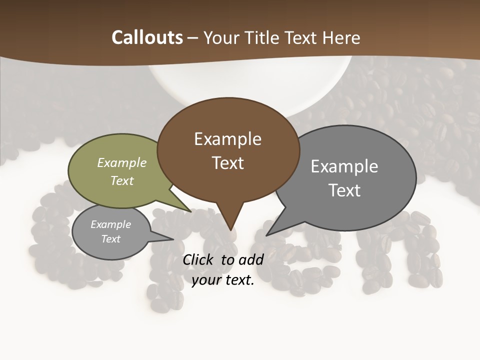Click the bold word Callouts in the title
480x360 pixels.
[147, 37]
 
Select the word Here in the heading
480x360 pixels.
[342, 37]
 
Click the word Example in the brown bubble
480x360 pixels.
[227, 139]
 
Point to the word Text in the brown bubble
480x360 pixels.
[227, 163]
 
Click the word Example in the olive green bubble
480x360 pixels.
[122, 162]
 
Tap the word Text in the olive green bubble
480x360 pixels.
[122, 180]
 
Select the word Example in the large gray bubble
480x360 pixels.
[344, 166]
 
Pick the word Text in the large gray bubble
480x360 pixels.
[344, 190]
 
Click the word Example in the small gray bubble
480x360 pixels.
[110, 224]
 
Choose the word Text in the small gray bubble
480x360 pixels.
[110, 239]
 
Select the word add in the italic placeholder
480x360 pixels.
[251, 259]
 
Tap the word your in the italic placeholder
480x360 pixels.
[206, 280]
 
